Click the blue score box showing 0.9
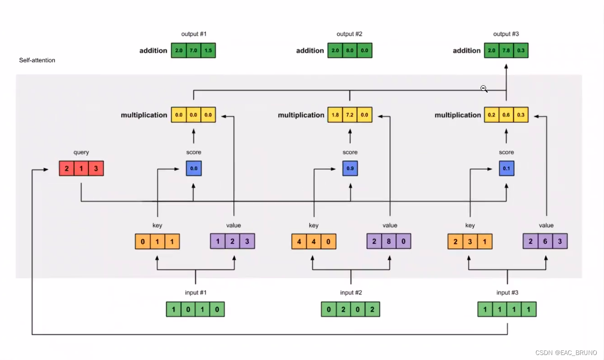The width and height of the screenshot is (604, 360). [x=350, y=168]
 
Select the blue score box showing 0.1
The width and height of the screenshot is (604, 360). [x=506, y=168]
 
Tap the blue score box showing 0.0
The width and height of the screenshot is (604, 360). [x=194, y=168]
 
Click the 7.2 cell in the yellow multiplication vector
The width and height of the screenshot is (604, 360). [x=350, y=115]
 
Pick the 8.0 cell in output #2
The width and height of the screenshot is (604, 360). [x=350, y=50]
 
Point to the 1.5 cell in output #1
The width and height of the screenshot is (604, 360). [x=208, y=50]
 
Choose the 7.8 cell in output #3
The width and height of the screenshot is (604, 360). [x=506, y=50]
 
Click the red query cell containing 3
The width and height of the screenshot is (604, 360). [x=96, y=168]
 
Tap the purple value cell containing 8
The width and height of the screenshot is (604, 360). [x=389, y=241]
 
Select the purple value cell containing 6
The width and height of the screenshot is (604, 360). [x=545, y=241]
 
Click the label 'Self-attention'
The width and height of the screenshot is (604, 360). [x=37, y=60]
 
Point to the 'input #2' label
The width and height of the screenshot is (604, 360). [x=351, y=292]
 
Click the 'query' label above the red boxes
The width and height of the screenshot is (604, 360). [x=81, y=153]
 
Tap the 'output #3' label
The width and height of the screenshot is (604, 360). [x=506, y=34]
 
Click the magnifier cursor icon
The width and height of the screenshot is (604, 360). [x=484, y=89]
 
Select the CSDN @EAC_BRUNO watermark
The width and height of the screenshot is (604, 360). [x=566, y=353]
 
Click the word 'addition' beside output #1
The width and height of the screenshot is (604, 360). [x=153, y=51]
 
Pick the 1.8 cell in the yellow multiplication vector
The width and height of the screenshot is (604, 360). [x=335, y=115]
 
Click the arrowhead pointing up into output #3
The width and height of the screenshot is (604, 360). [x=506, y=66]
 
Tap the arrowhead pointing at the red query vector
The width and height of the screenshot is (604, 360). [x=46, y=170]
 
